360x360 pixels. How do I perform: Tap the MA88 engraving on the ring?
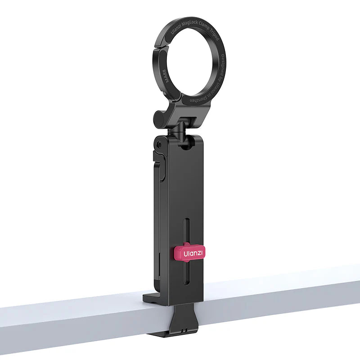(x=166, y=84)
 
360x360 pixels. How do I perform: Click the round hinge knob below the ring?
(x=160, y=118)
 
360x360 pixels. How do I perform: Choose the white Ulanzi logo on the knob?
(x=193, y=253)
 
